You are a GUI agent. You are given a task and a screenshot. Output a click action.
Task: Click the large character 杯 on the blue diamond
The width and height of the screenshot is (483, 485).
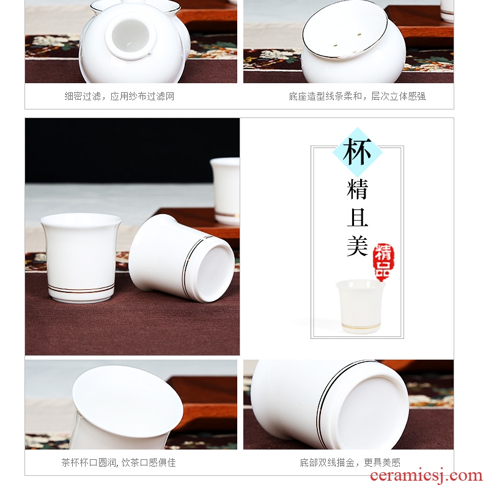coord(357,152)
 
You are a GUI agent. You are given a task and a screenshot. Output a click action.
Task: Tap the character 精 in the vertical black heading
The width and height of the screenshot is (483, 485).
coord(357,190)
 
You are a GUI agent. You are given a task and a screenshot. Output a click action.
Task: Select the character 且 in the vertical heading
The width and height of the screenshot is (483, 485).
coord(357,218)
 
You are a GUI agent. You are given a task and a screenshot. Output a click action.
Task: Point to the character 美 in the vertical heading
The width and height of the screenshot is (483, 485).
coord(357,246)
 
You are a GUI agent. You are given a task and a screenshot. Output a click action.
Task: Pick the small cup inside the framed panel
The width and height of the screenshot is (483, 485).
coord(361,306)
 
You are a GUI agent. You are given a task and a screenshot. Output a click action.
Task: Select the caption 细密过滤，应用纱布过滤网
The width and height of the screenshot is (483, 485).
coord(119,96)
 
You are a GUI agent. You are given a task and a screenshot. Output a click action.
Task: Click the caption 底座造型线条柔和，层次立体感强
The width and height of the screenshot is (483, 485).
coord(357,96)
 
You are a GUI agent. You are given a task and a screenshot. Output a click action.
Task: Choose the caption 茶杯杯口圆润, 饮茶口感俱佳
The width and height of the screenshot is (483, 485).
coord(119,462)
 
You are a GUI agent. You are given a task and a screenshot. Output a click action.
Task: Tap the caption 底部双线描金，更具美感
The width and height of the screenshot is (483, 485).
coord(350,462)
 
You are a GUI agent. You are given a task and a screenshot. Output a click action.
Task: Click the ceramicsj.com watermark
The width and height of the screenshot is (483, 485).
coord(426,476)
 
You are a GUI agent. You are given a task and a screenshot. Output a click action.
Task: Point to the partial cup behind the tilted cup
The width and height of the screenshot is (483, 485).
coord(225,191)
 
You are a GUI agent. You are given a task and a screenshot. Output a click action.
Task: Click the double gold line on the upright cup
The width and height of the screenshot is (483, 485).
coord(81,289)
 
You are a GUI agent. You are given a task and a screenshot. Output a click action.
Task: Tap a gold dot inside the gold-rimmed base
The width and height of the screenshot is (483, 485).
coord(359,34)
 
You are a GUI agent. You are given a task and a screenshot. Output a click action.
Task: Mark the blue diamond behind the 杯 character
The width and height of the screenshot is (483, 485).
coord(357,152)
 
